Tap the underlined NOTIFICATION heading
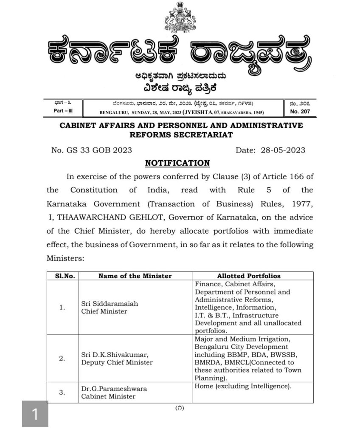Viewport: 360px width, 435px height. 177,163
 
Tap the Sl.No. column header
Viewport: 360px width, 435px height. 62,276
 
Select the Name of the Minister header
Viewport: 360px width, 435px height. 135,276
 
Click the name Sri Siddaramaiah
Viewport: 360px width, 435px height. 105,304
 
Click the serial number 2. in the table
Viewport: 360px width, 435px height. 62,358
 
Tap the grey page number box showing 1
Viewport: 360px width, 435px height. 35,414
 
